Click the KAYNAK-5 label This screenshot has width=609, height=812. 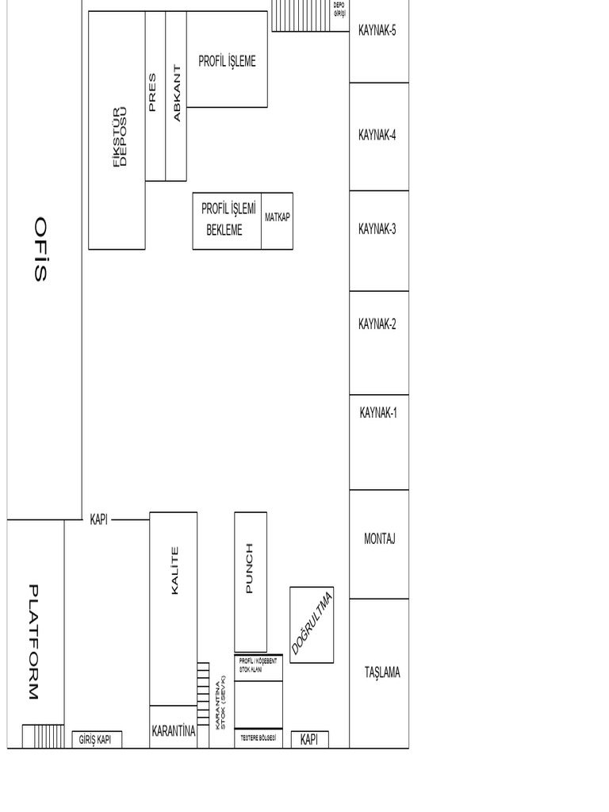tap(377, 32)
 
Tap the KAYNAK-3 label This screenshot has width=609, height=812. tap(377, 229)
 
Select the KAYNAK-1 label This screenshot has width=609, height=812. tap(378, 412)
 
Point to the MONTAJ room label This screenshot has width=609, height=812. tap(379, 539)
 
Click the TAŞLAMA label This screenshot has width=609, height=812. tap(382, 672)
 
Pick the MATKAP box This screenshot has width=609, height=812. tap(278, 217)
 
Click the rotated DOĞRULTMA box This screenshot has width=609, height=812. tap(312, 624)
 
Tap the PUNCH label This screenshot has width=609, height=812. tap(250, 568)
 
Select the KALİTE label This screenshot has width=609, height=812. tap(174, 570)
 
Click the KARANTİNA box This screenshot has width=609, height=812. tap(173, 731)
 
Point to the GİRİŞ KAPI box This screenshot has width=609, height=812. tap(97, 740)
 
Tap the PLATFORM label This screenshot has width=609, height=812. tap(33, 642)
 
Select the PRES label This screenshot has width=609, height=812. tap(152, 93)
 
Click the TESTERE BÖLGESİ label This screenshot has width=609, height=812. tap(258, 739)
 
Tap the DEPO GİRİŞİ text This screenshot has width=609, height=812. tap(340, 9)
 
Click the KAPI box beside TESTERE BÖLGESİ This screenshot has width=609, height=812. tap(309, 740)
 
